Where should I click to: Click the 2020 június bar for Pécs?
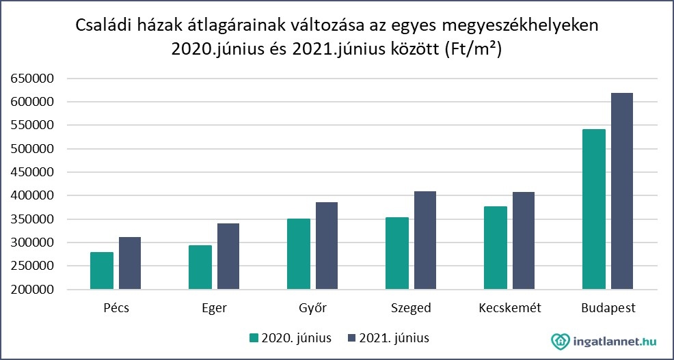coord(102,271)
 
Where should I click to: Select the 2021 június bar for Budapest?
coord(622,191)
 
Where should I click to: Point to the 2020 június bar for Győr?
coord(298,254)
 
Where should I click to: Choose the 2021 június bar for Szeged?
coord(424,240)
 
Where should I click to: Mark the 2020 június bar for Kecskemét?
coord(496,248)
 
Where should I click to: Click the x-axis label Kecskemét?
coord(510,308)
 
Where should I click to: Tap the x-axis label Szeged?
coord(411,308)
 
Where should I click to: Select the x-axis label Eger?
coord(214,308)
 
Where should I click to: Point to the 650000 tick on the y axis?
coord(32,79)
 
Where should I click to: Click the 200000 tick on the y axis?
coord(32,290)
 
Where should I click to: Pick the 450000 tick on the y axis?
coord(32,172)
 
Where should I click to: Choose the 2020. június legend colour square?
coord(254,337)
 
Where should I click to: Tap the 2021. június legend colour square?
coord(352,337)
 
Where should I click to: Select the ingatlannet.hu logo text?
coord(613,339)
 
